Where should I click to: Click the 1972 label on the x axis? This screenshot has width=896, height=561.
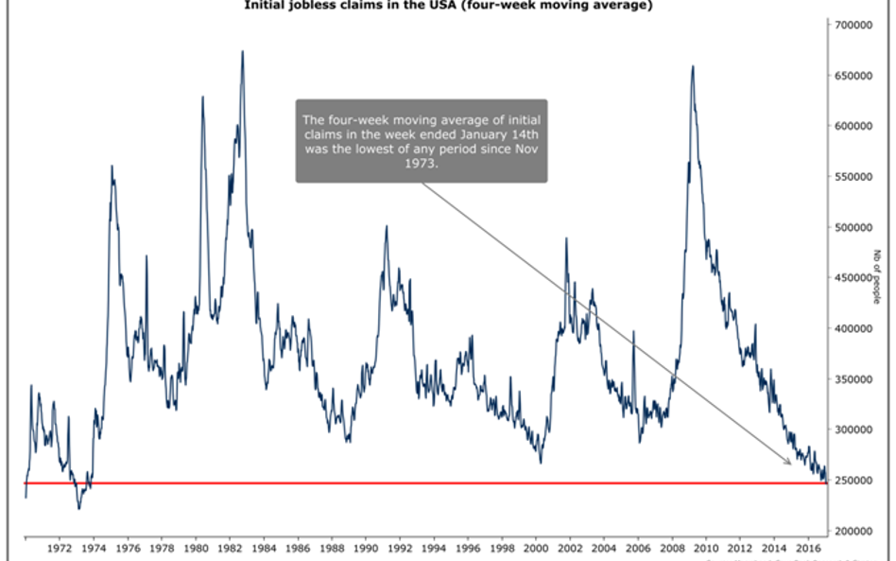(59, 547)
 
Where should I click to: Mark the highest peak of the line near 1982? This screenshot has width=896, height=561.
(243, 52)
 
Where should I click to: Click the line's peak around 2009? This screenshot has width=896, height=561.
(694, 66)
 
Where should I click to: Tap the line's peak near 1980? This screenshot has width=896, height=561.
(202, 96)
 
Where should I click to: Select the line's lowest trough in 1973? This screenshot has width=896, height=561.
(79, 508)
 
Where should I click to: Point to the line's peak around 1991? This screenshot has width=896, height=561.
(387, 226)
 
